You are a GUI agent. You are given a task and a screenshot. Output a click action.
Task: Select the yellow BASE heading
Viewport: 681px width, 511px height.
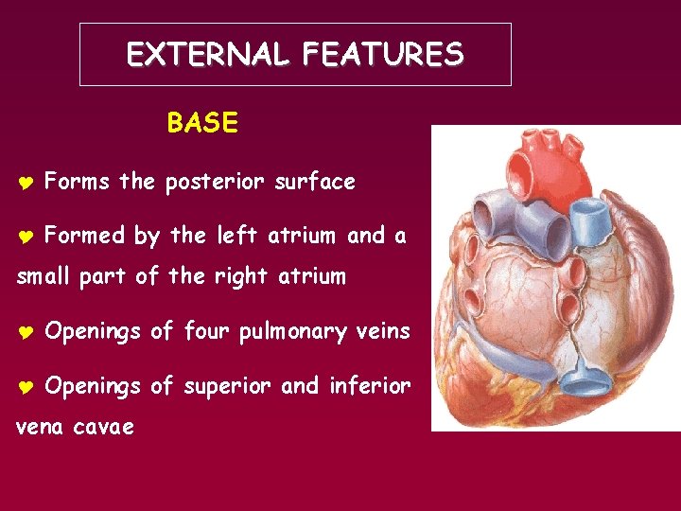[x=202, y=124]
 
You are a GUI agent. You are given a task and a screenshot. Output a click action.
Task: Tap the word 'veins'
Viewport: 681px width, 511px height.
[x=383, y=332]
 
